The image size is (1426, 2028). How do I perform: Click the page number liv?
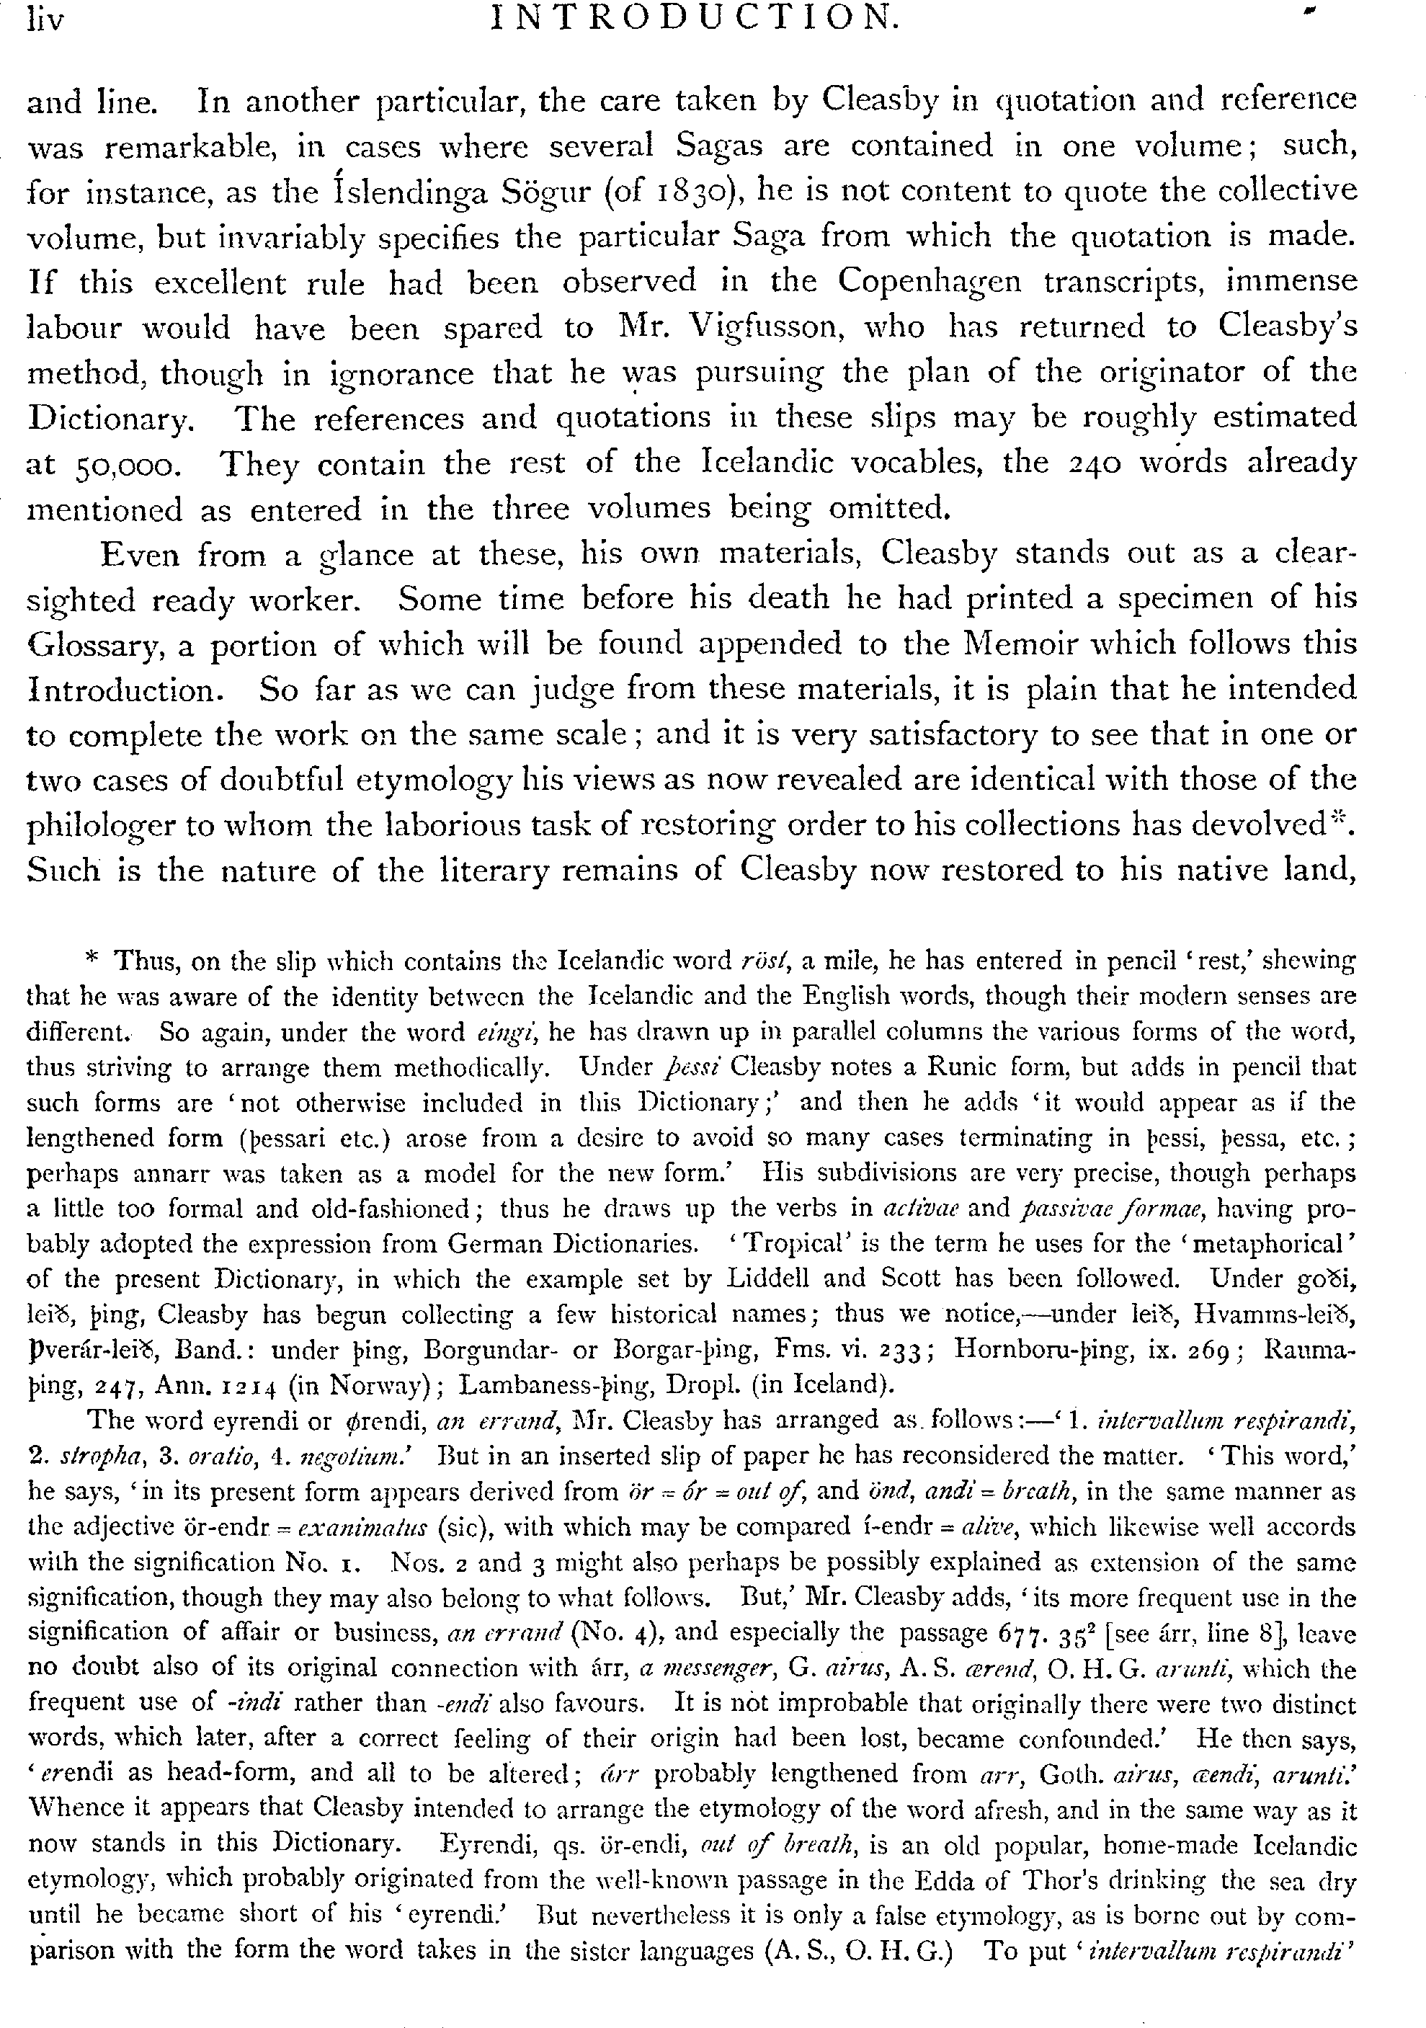point(47,19)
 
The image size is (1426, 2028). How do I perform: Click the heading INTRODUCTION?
point(694,18)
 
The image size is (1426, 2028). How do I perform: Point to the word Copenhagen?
point(929,282)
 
